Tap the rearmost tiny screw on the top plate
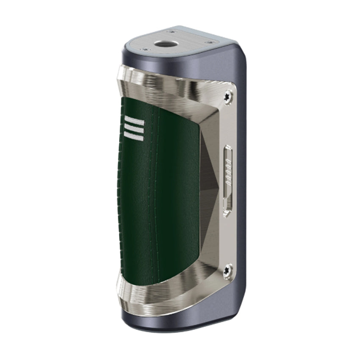[x=172, y=31]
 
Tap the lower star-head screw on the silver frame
[x=228, y=269]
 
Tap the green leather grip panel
[x=165, y=191]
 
